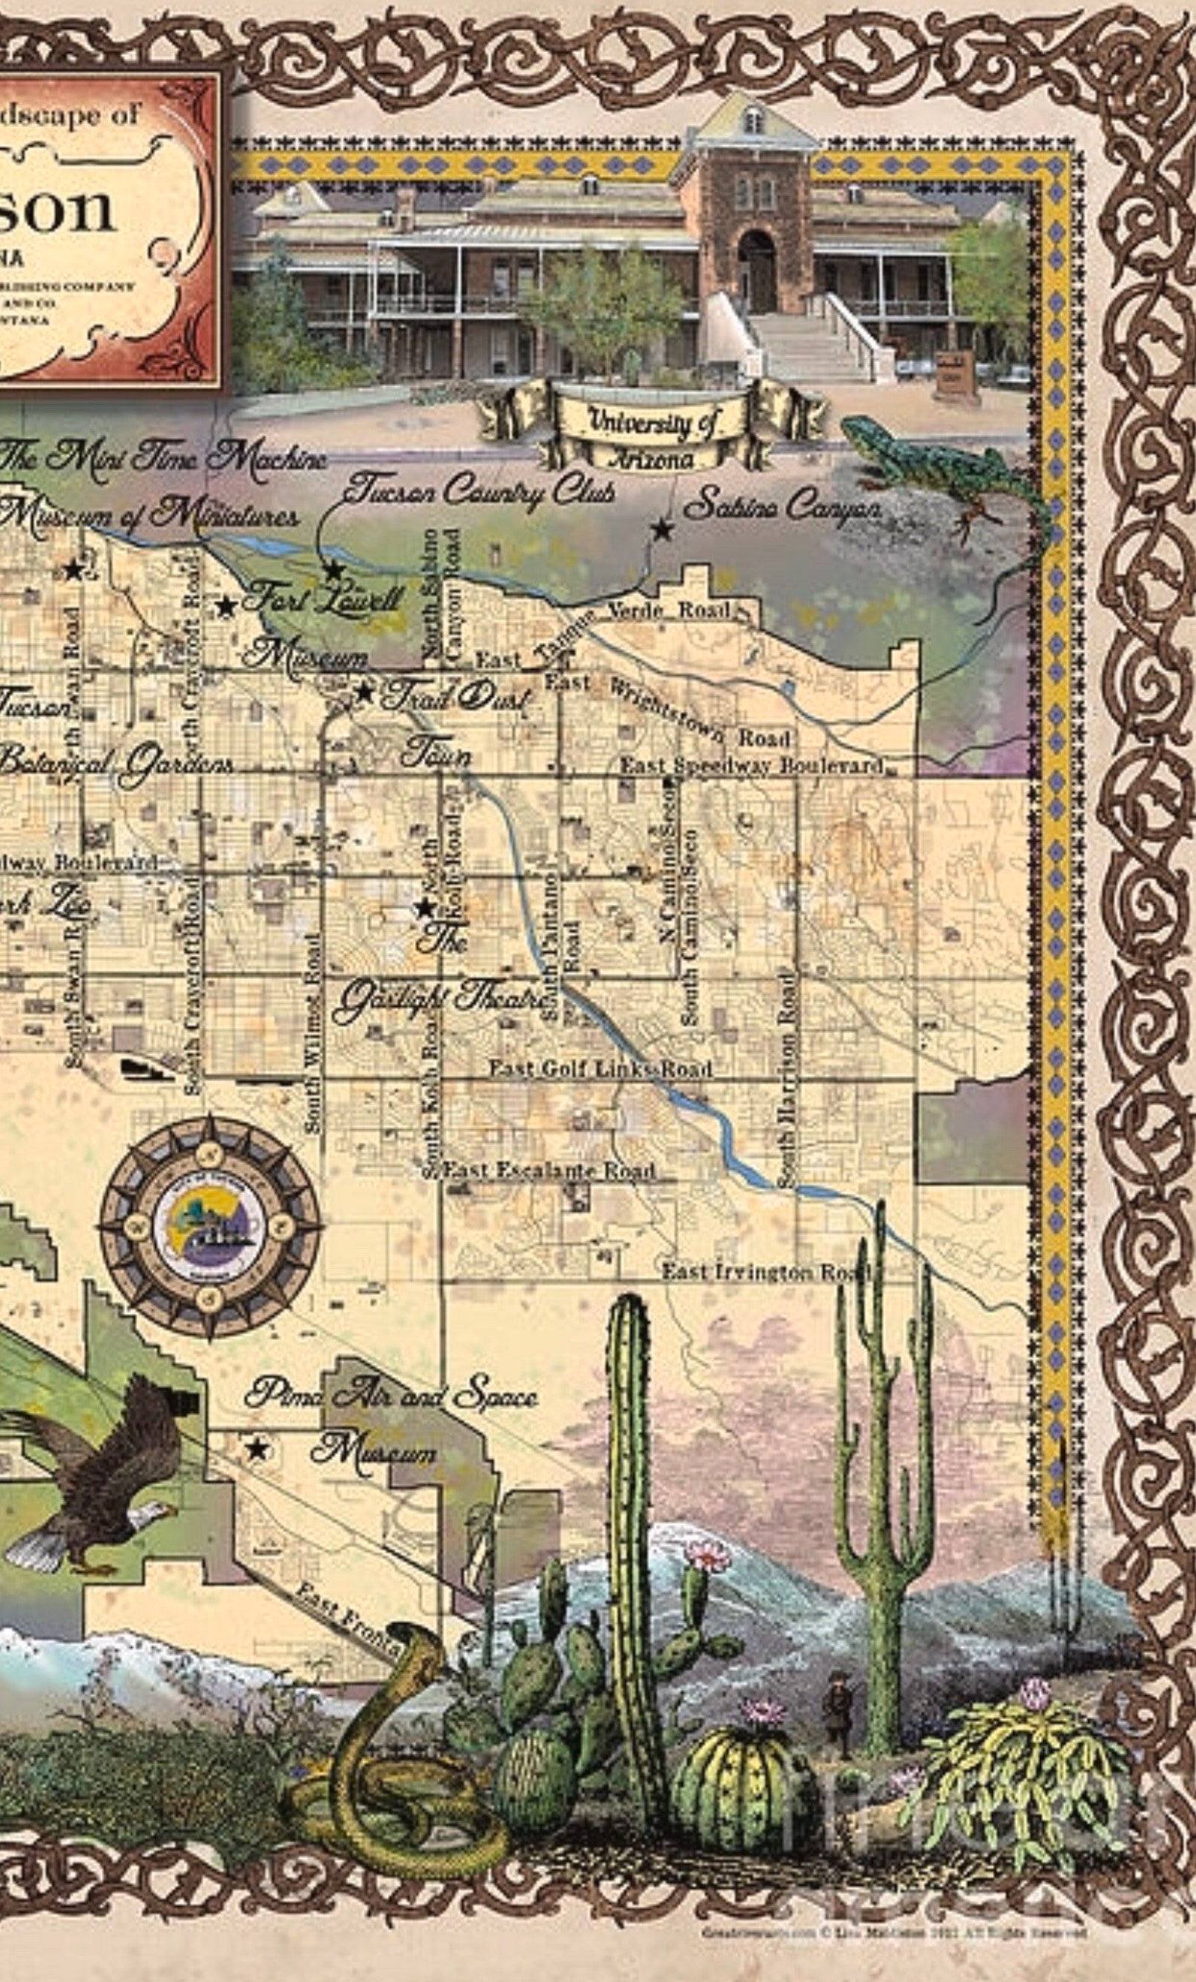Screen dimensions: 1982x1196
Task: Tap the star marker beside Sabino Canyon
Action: click(x=662, y=529)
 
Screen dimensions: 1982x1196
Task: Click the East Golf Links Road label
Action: click(x=600, y=1069)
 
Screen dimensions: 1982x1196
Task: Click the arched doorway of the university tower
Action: click(x=757, y=269)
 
